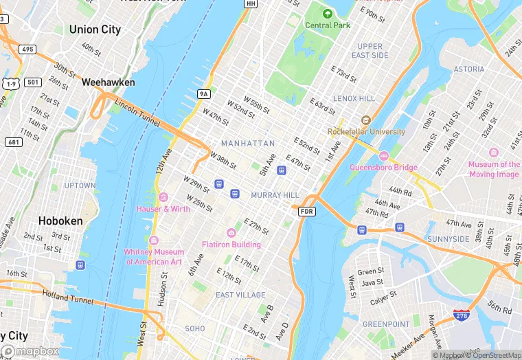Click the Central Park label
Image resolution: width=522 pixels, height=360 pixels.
pos(328,25)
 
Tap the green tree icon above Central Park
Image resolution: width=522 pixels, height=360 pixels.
pos(328,13)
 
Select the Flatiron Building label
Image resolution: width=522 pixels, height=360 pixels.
pos(231,245)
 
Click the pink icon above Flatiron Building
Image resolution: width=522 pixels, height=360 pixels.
pos(231,233)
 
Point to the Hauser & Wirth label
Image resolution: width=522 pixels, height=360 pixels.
pos(163,209)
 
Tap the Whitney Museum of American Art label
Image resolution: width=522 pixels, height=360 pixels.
pos(153,256)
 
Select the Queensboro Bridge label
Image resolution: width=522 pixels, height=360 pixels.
pos(383,167)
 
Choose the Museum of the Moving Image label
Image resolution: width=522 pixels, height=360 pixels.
pos(494,169)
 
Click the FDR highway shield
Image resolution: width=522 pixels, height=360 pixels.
pos(307,212)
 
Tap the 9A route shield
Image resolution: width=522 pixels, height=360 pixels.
pos(203,93)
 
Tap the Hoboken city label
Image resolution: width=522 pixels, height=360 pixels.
pos(60,221)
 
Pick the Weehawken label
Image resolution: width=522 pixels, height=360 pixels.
pos(108,82)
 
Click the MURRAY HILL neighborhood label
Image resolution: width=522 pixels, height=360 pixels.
pos(275,196)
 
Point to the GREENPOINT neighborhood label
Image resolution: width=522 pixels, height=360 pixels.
pos(385,324)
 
